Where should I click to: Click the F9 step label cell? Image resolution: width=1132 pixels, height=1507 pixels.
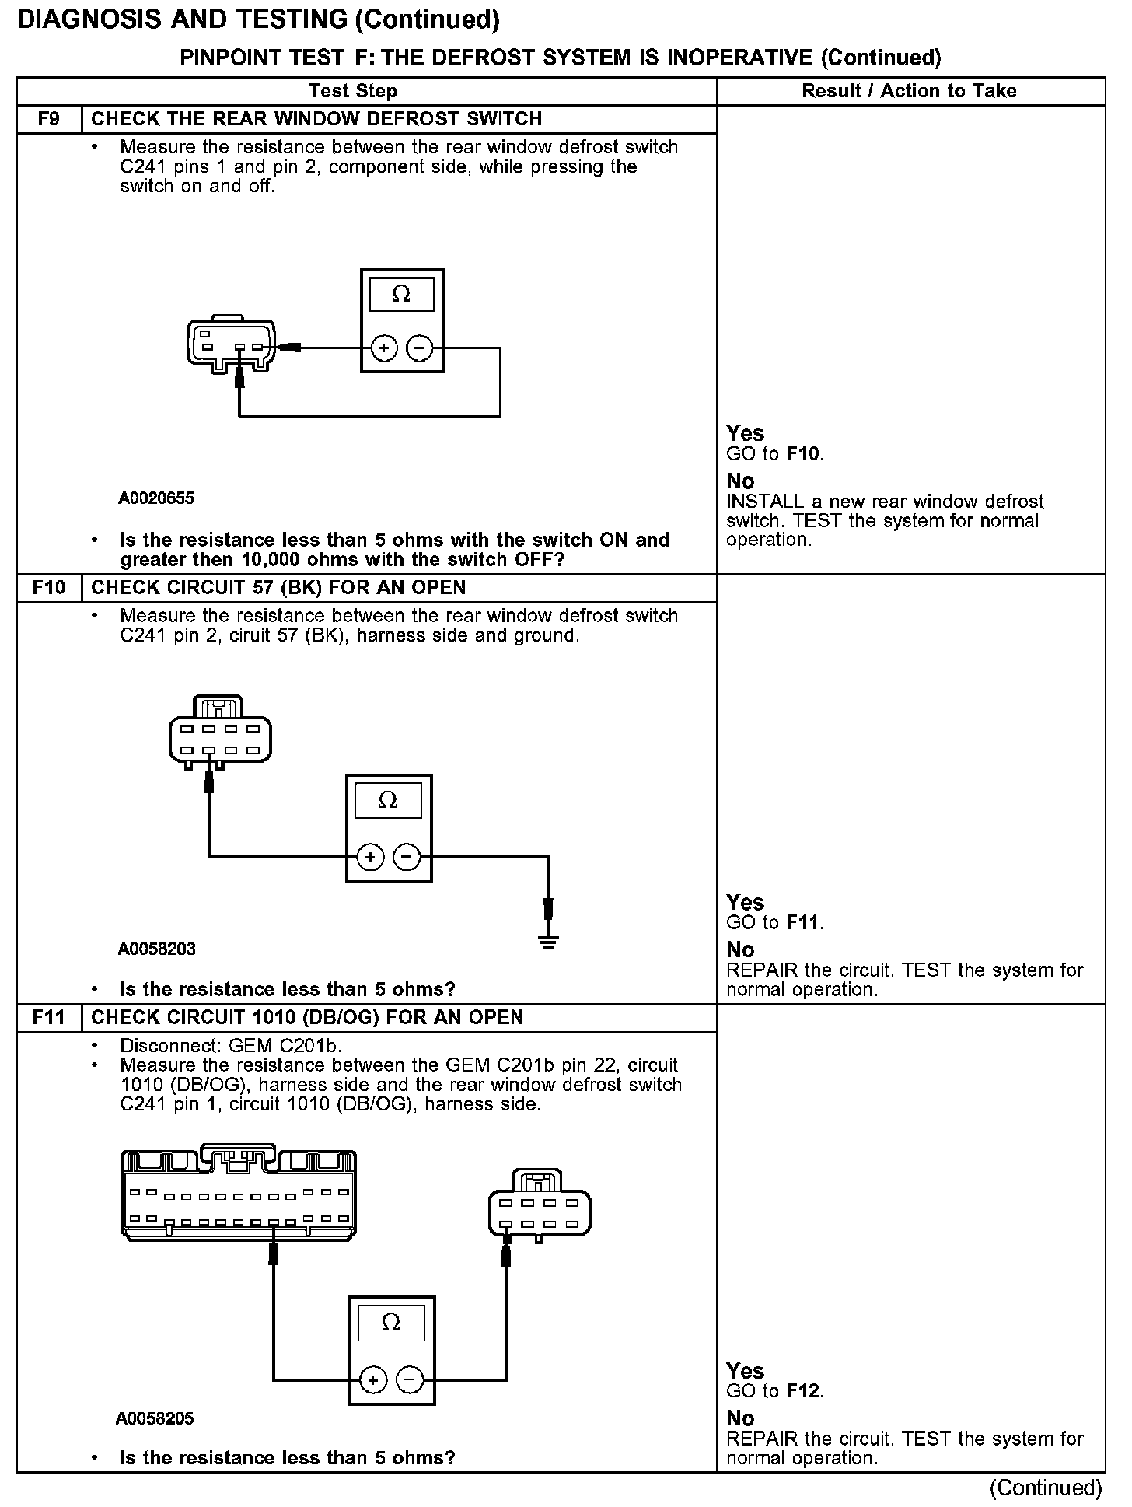tap(48, 119)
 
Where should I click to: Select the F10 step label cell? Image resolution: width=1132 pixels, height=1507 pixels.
tap(48, 588)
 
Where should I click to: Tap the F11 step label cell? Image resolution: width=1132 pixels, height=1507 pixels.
tap(48, 1017)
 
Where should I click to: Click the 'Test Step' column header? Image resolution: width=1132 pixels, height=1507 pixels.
tap(353, 91)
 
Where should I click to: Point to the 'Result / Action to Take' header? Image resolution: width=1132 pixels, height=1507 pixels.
tap(909, 91)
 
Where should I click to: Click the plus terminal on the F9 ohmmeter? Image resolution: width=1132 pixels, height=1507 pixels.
tap(383, 348)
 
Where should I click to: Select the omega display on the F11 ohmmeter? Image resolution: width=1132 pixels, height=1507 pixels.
tap(391, 1322)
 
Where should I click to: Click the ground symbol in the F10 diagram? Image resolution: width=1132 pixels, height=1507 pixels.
tap(549, 943)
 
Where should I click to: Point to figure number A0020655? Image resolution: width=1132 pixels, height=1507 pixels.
tap(156, 498)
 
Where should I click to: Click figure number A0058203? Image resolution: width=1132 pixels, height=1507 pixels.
tap(156, 949)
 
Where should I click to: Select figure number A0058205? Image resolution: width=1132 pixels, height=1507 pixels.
tap(155, 1418)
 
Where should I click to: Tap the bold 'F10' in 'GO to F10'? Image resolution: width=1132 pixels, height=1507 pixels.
tap(804, 454)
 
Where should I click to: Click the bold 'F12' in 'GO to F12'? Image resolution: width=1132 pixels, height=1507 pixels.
tap(804, 1391)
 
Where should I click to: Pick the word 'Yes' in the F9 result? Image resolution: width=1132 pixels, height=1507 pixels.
tap(745, 433)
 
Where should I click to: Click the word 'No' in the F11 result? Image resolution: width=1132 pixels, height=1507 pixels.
tap(740, 1418)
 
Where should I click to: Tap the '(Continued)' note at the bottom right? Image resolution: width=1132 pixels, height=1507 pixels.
tap(1046, 1488)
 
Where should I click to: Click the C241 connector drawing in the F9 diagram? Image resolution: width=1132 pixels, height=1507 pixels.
tap(230, 344)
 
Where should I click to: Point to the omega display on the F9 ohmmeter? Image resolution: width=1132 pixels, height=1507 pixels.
tap(401, 295)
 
